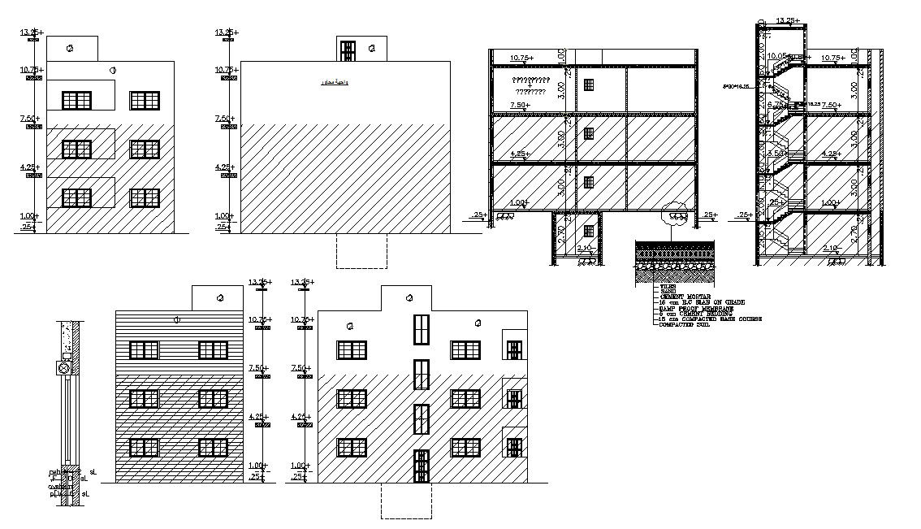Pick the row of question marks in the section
click(x=531, y=80)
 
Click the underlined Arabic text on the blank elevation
click(x=331, y=83)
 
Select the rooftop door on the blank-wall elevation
click(x=348, y=51)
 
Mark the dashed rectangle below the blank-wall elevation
click(x=361, y=251)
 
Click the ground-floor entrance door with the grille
click(x=421, y=466)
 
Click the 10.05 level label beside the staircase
click(x=776, y=56)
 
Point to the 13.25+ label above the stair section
click(x=788, y=20)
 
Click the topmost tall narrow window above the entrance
click(x=421, y=329)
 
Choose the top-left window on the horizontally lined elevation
click(x=144, y=350)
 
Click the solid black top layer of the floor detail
click(x=675, y=244)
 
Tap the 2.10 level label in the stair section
click(x=831, y=248)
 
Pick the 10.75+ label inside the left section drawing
click(x=521, y=59)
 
